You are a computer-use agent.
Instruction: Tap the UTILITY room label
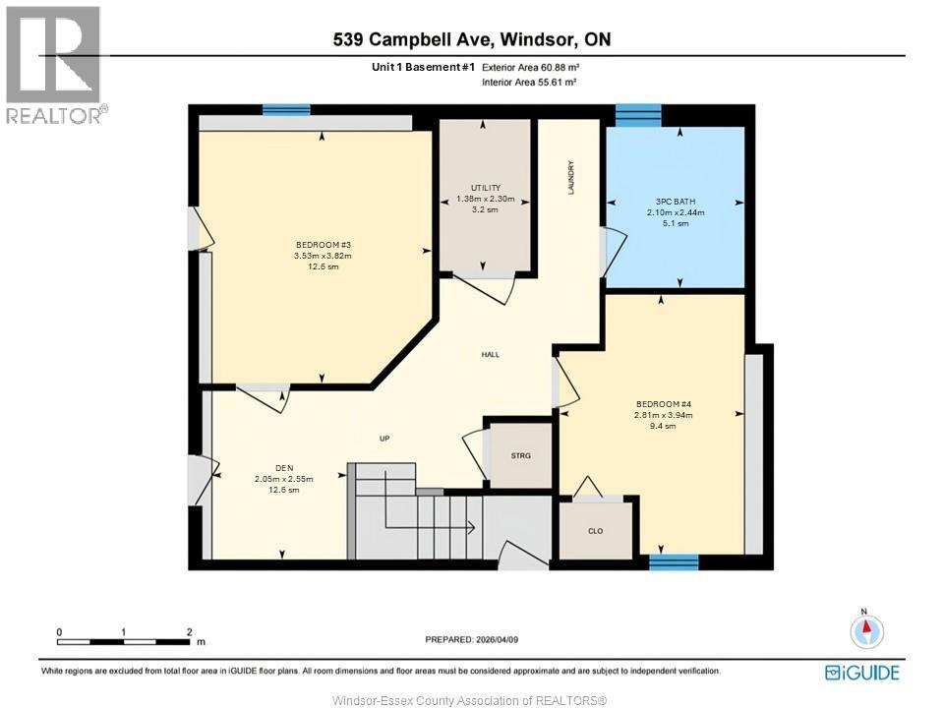click(x=486, y=188)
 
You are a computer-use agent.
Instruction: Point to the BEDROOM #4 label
click(x=665, y=403)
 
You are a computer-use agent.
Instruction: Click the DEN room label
click(x=284, y=468)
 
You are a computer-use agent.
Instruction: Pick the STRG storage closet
click(x=520, y=455)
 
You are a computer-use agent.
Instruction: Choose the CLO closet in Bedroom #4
click(x=595, y=531)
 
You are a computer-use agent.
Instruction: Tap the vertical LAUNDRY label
click(x=571, y=177)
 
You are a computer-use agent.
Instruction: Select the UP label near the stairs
click(x=386, y=439)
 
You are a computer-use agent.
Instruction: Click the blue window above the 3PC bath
click(x=638, y=114)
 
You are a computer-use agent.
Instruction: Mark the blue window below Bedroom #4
click(x=674, y=562)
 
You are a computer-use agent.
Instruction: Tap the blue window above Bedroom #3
click(x=286, y=110)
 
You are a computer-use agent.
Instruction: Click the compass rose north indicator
click(x=866, y=630)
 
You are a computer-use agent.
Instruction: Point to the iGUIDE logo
click(x=861, y=673)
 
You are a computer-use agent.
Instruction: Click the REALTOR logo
click(x=53, y=65)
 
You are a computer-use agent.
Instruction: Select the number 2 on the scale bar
click(x=189, y=632)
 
